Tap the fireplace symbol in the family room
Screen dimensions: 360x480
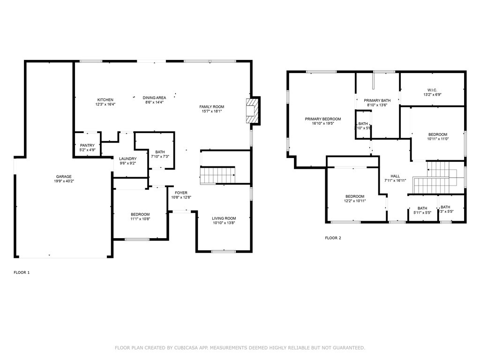252,111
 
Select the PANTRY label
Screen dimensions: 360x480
87,145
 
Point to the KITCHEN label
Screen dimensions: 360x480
105,100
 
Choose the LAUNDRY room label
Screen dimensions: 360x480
127,158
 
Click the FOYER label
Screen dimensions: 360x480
181,193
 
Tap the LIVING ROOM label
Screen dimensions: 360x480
224,218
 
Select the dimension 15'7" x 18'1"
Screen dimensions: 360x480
211,112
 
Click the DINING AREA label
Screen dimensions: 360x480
155,97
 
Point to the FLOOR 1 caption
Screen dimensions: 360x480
22,272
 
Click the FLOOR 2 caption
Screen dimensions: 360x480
333,238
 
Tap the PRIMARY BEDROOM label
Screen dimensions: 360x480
322,119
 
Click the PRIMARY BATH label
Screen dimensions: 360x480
377,100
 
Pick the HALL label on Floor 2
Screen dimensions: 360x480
395,176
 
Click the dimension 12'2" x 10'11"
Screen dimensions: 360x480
355,201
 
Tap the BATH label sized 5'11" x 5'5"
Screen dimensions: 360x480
422,208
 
